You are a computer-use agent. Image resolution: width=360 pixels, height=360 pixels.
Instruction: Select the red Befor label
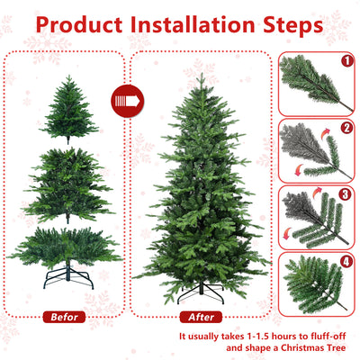coord(64,317)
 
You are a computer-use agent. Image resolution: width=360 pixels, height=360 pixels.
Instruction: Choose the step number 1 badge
coord(346,62)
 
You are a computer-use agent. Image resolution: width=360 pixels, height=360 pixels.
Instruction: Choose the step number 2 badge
coord(346,129)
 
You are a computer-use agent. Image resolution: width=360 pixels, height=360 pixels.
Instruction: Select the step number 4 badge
coord(346,264)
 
